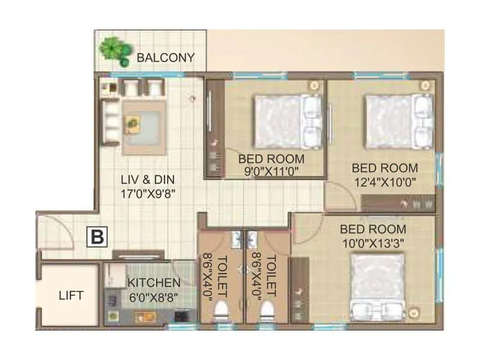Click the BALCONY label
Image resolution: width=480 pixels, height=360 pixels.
coord(166,58)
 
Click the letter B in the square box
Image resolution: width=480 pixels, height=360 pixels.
coord(97,236)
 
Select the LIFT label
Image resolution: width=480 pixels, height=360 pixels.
coord(71,295)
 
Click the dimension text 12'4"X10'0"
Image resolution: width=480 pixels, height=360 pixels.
coord(384,181)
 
